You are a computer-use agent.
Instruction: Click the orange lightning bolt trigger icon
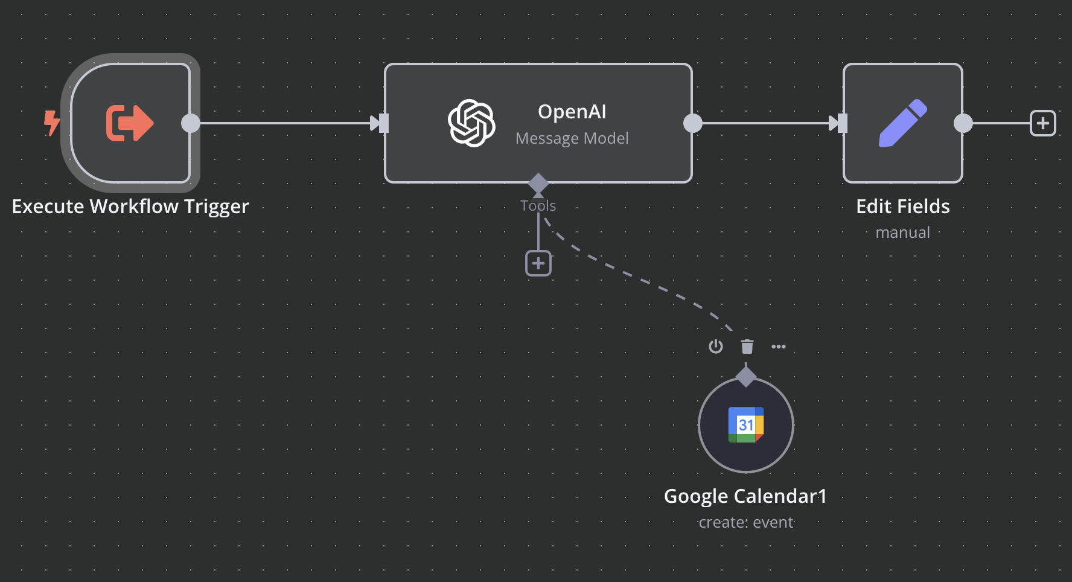pos(52,123)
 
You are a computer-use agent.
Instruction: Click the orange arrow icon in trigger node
pos(130,123)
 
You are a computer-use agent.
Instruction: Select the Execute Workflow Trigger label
pos(130,206)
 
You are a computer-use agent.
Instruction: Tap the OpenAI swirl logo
pos(471,123)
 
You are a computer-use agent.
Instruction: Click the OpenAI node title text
pos(572,112)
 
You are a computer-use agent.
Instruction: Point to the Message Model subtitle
pos(572,138)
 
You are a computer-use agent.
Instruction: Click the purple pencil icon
pos(902,123)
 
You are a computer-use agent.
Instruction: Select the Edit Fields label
pos(902,206)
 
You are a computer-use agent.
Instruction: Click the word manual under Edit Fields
pos(902,232)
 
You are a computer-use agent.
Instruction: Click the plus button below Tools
pos(538,263)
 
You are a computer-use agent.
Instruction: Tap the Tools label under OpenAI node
pos(538,206)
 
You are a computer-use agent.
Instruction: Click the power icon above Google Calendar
pos(716,347)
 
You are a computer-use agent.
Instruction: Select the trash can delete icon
pos(747,347)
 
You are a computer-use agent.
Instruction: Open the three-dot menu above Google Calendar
pos(779,347)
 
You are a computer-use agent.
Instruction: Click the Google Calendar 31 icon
pos(746,425)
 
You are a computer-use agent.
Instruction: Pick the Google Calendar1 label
pos(745,496)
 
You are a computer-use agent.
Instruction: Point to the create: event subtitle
pos(746,522)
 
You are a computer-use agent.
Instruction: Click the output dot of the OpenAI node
pos(693,123)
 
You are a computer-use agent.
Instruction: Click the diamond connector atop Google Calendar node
pos(746,376)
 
